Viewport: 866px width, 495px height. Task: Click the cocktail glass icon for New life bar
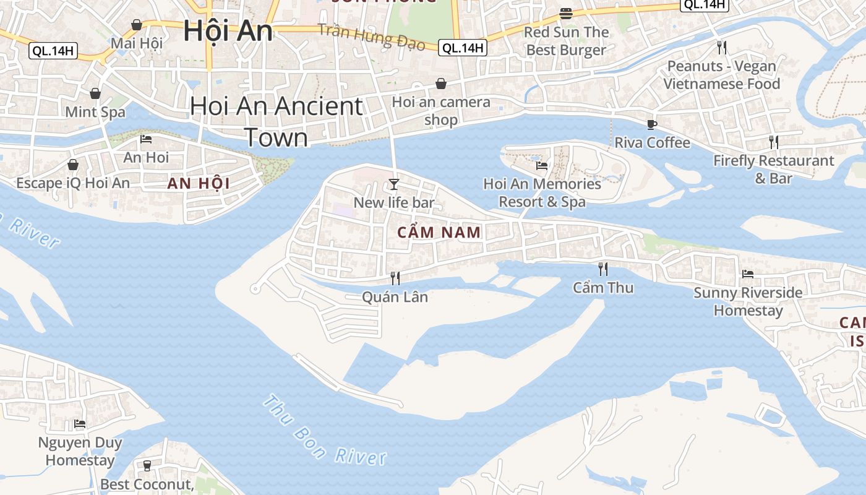[394, 184]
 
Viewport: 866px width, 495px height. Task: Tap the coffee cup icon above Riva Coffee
[651, 124]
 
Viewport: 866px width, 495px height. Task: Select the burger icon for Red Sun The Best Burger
[565, 13]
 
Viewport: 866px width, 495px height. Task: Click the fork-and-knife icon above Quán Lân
[395, 278]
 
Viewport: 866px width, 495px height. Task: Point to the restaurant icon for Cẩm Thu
[603, 269]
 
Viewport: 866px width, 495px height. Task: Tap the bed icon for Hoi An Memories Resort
[542, 165]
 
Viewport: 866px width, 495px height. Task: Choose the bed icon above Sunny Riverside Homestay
[748, 273]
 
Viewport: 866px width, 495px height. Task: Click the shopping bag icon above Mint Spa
[95, 93]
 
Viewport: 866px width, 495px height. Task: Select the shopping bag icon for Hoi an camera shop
[441, 84]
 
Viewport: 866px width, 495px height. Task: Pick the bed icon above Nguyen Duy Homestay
[80, 424]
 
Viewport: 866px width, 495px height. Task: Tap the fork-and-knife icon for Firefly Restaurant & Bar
[774, 142]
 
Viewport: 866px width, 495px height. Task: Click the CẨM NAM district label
[439, 233]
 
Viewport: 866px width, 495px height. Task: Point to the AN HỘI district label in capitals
[199, 184]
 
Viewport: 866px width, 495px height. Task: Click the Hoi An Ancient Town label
[276, 121]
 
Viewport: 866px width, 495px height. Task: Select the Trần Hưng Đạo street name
[372, 37]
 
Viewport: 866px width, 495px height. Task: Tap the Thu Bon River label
[324, 431]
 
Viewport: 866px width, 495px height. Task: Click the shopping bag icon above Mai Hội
[137, 25]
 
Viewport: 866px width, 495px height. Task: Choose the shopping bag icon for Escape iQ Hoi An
[73, 165]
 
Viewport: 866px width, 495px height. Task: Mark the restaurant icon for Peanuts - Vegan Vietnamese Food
[721, 47]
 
